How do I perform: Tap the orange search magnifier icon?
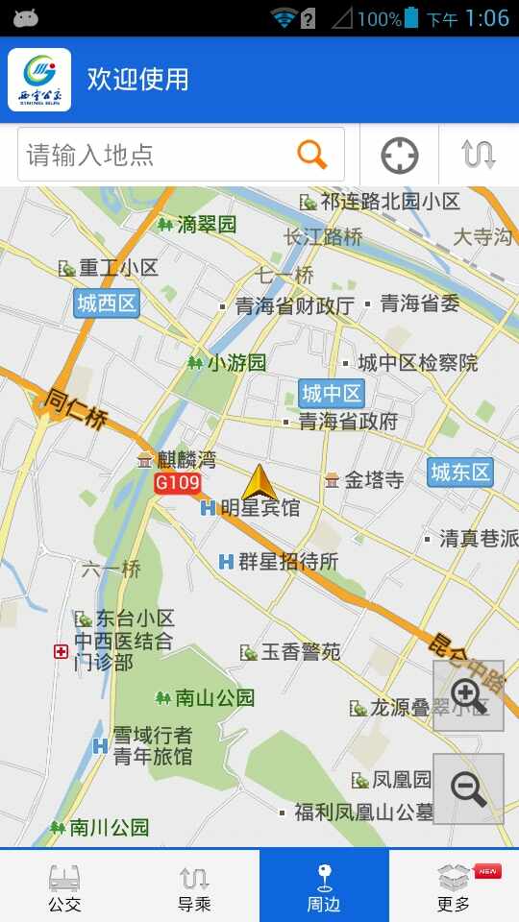coord(312,155)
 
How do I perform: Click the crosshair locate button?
coord(400,156)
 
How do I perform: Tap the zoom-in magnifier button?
coord(468,695)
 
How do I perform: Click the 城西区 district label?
coord(107,304)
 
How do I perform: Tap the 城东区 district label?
coord(460,472)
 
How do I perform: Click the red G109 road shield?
coord(177,482)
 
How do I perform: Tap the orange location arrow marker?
coord(259,483)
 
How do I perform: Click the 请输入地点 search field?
coord(154,155)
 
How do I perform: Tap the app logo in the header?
coord(39,80)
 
